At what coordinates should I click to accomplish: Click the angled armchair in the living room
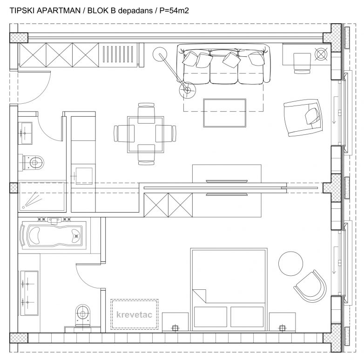pos(303,118)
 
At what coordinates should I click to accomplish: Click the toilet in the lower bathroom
pos(82,315)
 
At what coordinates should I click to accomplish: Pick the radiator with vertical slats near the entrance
pos(118,55)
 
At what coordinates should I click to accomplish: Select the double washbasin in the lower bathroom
pos(28,292)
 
